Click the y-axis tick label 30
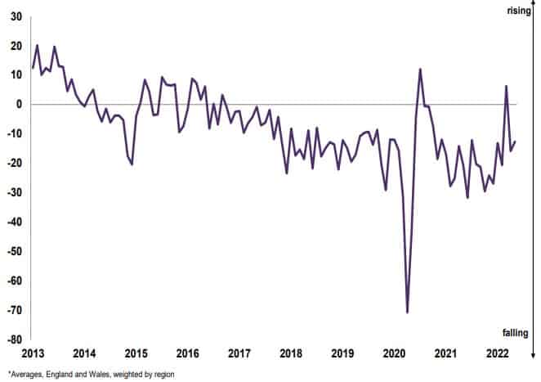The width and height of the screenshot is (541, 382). tap(15, 16)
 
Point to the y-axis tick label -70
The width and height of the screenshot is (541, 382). tap(13, 310)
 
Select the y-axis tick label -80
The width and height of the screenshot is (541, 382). tap(13, 339)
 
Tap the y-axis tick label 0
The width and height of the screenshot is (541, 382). tap(18, 104)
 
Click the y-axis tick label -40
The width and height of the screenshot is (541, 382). tap(13, 222)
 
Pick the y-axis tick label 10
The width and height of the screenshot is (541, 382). tap(15, 74)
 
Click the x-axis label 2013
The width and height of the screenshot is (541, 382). tap(33, 353)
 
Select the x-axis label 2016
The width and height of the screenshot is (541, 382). tap(187, 353)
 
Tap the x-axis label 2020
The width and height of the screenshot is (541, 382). tap(394, 353)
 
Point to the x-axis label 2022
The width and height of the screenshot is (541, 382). tap(497, 353)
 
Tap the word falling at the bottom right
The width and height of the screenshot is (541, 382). tap(514, 332)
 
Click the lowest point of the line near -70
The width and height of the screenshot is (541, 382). tap(407, 312)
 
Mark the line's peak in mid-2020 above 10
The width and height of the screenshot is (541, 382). tap(420, 69)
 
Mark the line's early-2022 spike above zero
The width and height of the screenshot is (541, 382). tap(507, 86)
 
